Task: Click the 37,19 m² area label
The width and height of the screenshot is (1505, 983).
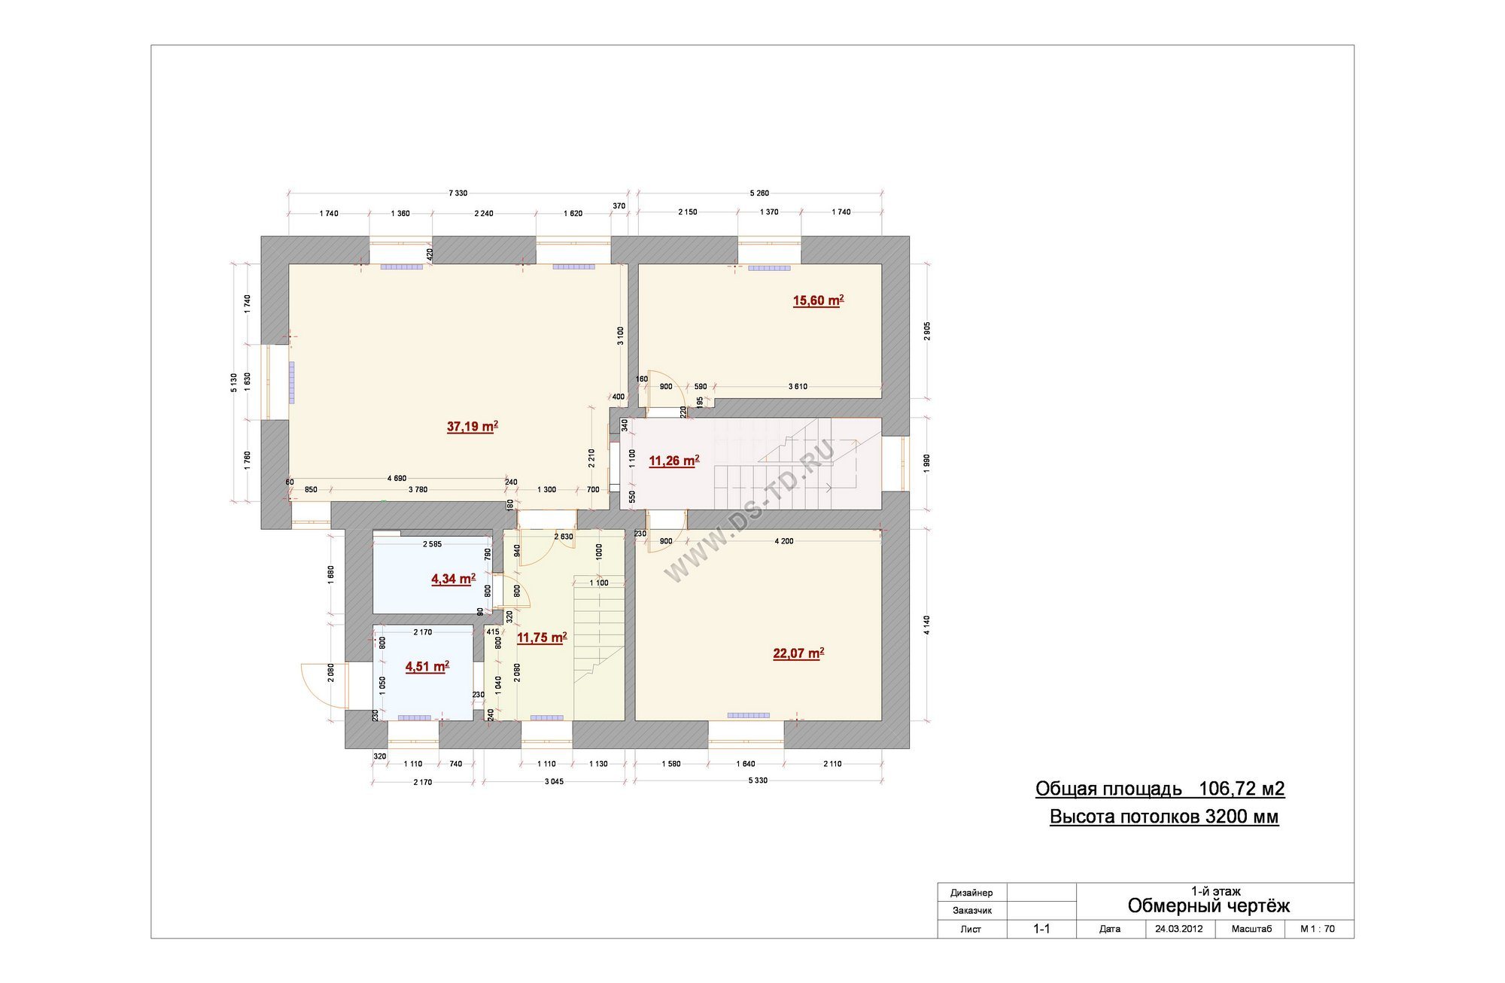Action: pos(473,427)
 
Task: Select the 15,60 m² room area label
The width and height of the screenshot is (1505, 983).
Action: pos(819,300)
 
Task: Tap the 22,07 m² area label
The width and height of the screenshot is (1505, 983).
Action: pos(798,653)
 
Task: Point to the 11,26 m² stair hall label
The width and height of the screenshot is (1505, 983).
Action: pos(674,461)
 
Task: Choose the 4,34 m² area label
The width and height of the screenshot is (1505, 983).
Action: pos(453,579)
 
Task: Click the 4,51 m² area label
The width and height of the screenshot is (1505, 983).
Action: pos(427,666)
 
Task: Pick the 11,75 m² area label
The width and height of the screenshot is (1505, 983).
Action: pos(542,638)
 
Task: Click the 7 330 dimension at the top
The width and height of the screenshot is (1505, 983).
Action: pos(458,193)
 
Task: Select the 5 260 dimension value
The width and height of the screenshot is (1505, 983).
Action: pos(759,193)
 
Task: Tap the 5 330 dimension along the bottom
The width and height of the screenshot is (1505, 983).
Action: pos(758,781)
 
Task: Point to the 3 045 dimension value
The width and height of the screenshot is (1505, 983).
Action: pos(554,781)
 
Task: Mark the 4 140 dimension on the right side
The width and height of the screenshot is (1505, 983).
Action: pos(927,625)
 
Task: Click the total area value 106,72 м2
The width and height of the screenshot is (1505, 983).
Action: pos(1242,789)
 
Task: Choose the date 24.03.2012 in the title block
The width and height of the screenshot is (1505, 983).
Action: pos(1179,929)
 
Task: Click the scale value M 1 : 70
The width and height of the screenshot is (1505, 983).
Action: pos(1318,929)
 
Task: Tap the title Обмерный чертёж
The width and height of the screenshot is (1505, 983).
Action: pos(1209,905)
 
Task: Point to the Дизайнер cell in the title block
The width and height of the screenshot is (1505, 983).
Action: pos(971,893)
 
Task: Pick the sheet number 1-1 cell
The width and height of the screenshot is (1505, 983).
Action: pos(1041,929)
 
